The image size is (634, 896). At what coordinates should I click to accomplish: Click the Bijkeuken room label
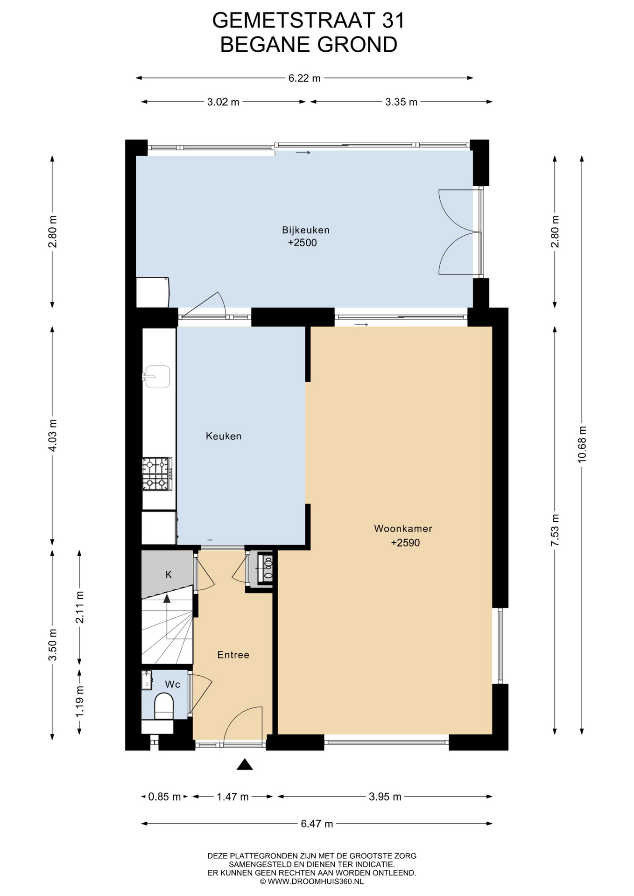306,230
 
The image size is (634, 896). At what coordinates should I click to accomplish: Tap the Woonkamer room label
403,529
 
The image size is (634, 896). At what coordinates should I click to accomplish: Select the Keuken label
224,436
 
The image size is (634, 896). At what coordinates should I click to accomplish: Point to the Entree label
233,655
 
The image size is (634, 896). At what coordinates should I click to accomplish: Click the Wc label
173,684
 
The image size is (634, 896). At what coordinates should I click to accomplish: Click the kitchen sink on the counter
156,377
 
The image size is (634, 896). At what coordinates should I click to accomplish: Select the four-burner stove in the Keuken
157,474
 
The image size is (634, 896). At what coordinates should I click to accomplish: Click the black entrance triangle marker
245,764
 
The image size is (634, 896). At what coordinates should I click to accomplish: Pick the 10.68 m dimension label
582,444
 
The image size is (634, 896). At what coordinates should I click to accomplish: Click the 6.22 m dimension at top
304,78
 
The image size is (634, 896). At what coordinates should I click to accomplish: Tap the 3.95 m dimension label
385,797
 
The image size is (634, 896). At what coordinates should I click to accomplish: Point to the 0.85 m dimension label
164,797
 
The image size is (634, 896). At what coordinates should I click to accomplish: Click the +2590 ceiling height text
405,543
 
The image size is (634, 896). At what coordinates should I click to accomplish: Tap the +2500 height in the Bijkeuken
303,243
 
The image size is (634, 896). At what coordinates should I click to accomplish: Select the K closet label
169,574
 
